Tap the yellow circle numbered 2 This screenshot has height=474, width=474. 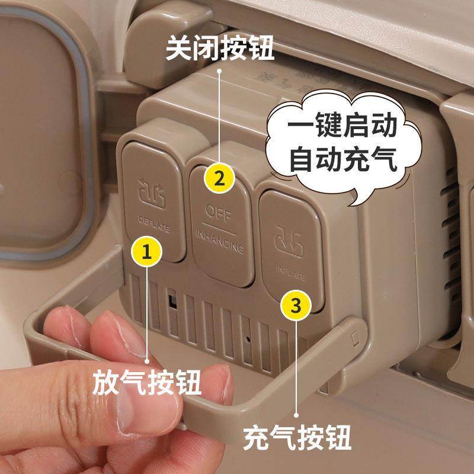[x=219, y=178]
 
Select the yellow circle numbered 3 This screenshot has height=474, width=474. [x=296, y=305]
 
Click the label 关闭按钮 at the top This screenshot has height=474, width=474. [x=219, y=49]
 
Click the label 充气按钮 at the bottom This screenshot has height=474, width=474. [x=297, y=439]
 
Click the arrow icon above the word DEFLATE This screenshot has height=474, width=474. [x=150, y=192]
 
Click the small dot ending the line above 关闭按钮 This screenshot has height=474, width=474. [x=219, y=72]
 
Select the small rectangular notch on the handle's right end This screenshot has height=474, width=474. [x=355, y=338]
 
